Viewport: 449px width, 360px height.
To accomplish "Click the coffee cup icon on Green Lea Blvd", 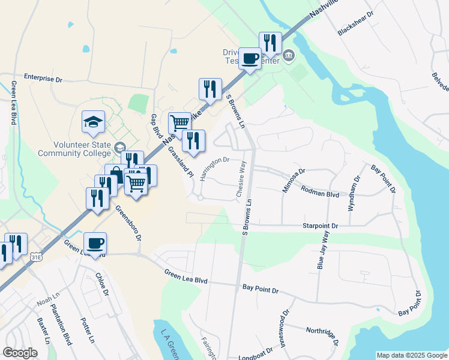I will (95, 243).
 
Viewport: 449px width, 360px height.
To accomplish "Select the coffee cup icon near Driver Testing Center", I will (250, 58).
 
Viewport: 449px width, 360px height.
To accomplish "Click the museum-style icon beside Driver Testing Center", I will (289, 56).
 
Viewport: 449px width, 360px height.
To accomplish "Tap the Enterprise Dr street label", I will (43, 78).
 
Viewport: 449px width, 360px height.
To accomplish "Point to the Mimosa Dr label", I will (294, 181).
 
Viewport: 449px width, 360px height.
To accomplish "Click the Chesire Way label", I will (241, 178).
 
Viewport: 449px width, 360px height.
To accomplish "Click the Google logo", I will (20, 353).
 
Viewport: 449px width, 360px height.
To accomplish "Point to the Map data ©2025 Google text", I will (411, 355).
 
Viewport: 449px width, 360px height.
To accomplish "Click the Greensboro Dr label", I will (128, 223).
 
